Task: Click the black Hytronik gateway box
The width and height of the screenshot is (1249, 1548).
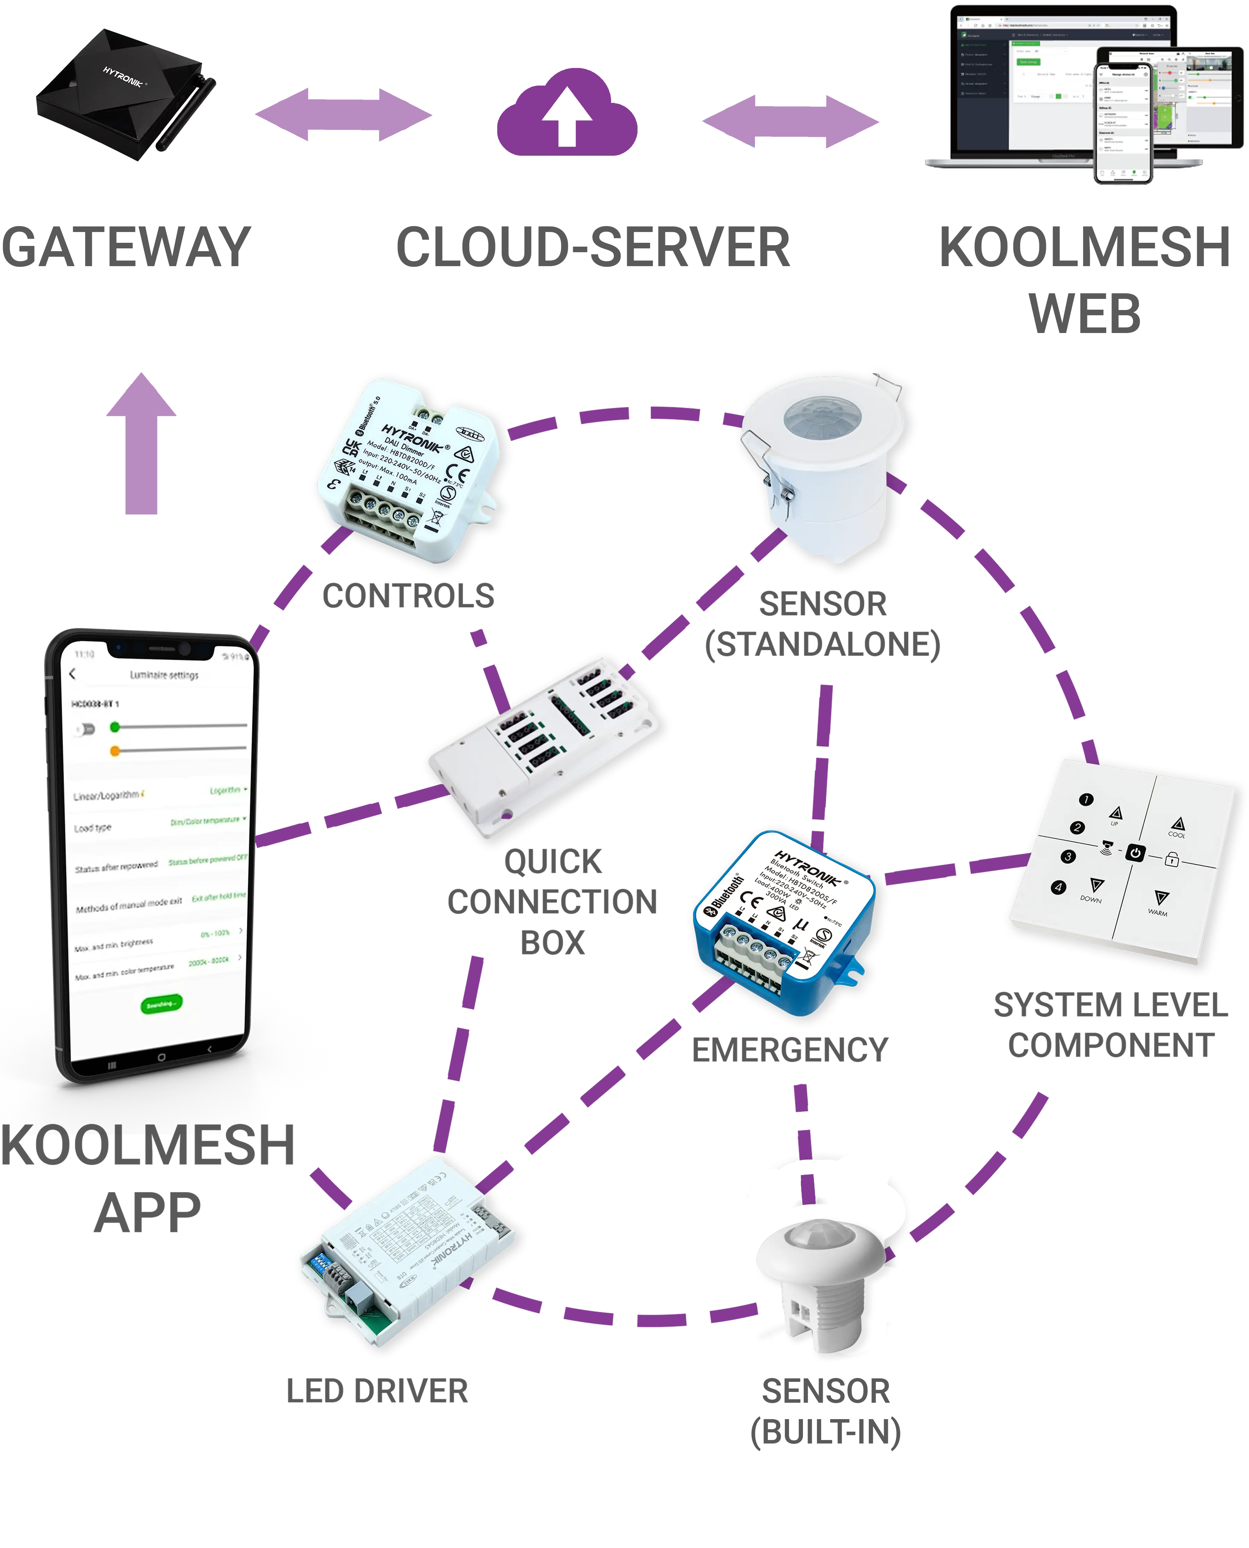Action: [124, 91]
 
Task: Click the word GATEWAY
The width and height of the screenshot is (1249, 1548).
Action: [127, 247]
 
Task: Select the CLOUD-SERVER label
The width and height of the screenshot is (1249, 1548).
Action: [593, 247]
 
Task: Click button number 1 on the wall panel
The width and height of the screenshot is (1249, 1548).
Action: [1086, 799]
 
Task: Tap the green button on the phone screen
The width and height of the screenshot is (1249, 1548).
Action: [161, 1004]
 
